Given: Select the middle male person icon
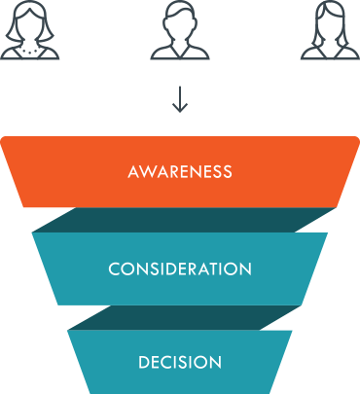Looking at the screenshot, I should point(179,31).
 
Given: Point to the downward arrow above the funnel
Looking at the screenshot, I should point(179,98).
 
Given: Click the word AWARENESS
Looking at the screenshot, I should point(180,172).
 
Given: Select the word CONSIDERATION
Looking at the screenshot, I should point(180,268).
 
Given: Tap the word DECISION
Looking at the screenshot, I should point(180,363).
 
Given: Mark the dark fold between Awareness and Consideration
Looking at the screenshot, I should point(180,219).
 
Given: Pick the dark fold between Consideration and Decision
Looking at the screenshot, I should point(180,316).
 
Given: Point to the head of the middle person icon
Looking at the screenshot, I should point(179,20).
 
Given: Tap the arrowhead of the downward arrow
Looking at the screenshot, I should point(179,107).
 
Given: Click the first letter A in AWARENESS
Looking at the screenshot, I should point(133,172).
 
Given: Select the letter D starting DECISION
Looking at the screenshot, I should point(143,363).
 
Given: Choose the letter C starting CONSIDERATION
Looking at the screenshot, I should point(114,268).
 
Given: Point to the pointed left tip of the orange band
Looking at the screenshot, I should point(3,139).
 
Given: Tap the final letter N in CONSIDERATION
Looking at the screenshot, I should point(246,268).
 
